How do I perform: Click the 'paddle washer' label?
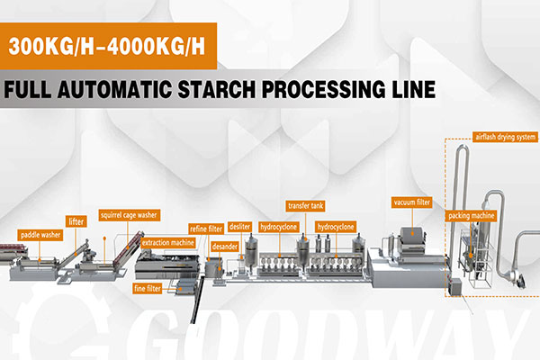38,236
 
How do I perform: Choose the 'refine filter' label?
205,229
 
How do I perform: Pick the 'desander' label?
224,245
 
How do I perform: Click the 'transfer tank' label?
303,205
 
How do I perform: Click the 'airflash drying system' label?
505,138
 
